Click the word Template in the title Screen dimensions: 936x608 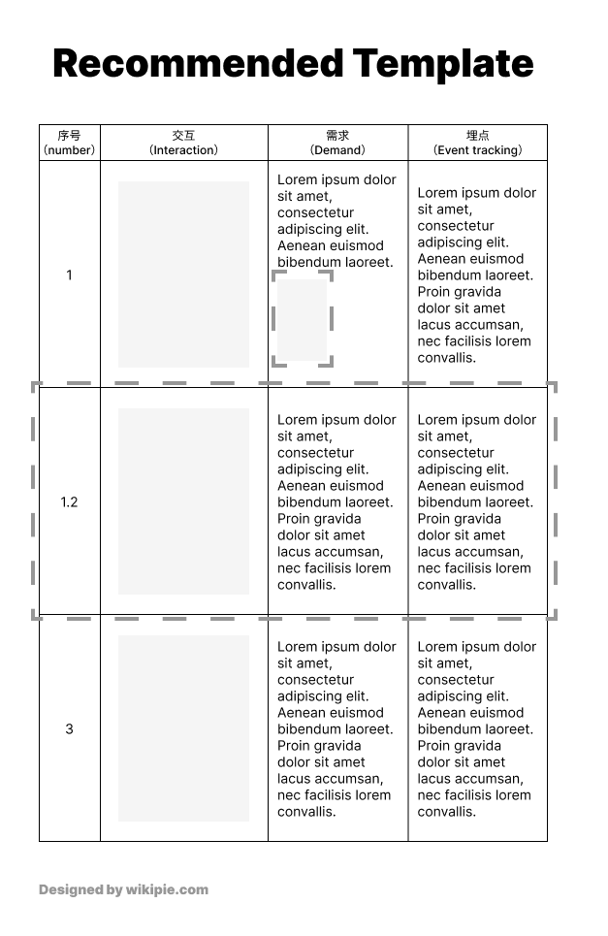pyautogui.click(x=443, y=64)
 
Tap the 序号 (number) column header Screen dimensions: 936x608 pyautogui.click(x=69, y=143)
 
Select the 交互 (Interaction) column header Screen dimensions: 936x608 pyautogui.click(x=183, y=143)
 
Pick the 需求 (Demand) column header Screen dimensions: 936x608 pyautogui.click(x=337, y=143)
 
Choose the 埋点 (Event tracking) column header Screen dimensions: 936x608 pyautogui.click(x=477, y=143)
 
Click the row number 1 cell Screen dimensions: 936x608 pyautogui.click(x=69, y=275)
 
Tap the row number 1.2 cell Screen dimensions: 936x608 pyautogui.click(x=69, y=502)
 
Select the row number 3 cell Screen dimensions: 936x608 pyautogui.click(x=69, y=729)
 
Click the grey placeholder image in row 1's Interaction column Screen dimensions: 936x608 pyautogui.click(x=183, y=274)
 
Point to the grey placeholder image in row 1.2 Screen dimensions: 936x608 pyautogui.click(x=183, y=500)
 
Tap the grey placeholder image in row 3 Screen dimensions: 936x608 pyautogui.click(x=183, y=727)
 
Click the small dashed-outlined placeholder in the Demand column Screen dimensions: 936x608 pyautogui.click(x=303, y=319)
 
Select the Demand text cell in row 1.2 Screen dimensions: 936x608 pyautogui.click(x=336, y=502)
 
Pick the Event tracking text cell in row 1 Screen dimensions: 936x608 pyautogui.click(x=476, y=275)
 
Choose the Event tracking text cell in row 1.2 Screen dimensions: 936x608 pyautogui.click(x=476, y=502)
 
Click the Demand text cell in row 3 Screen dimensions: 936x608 pyautogui.click(x=336, y=729)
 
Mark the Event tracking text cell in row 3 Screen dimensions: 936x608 pyautogui.click(x=476, y=729)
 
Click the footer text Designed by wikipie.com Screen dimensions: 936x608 pyautogui.click(x=123, y=889)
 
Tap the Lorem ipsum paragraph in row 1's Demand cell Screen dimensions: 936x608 pyautogui.click(x=336, y=221)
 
